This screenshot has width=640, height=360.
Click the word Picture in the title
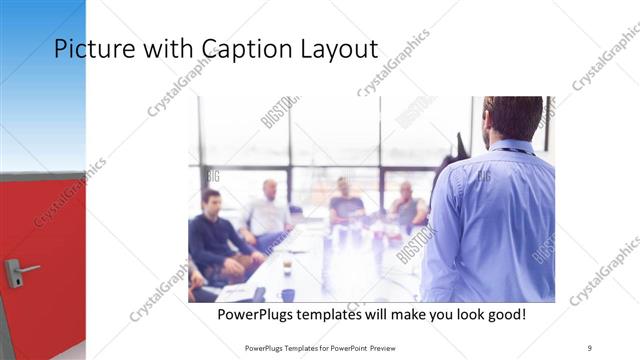(x=91, y=49)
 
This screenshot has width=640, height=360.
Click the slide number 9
(x=590, y=347)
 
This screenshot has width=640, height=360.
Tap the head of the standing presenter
(x=512, y=117)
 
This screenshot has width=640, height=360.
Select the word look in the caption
(x=463, y=315)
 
